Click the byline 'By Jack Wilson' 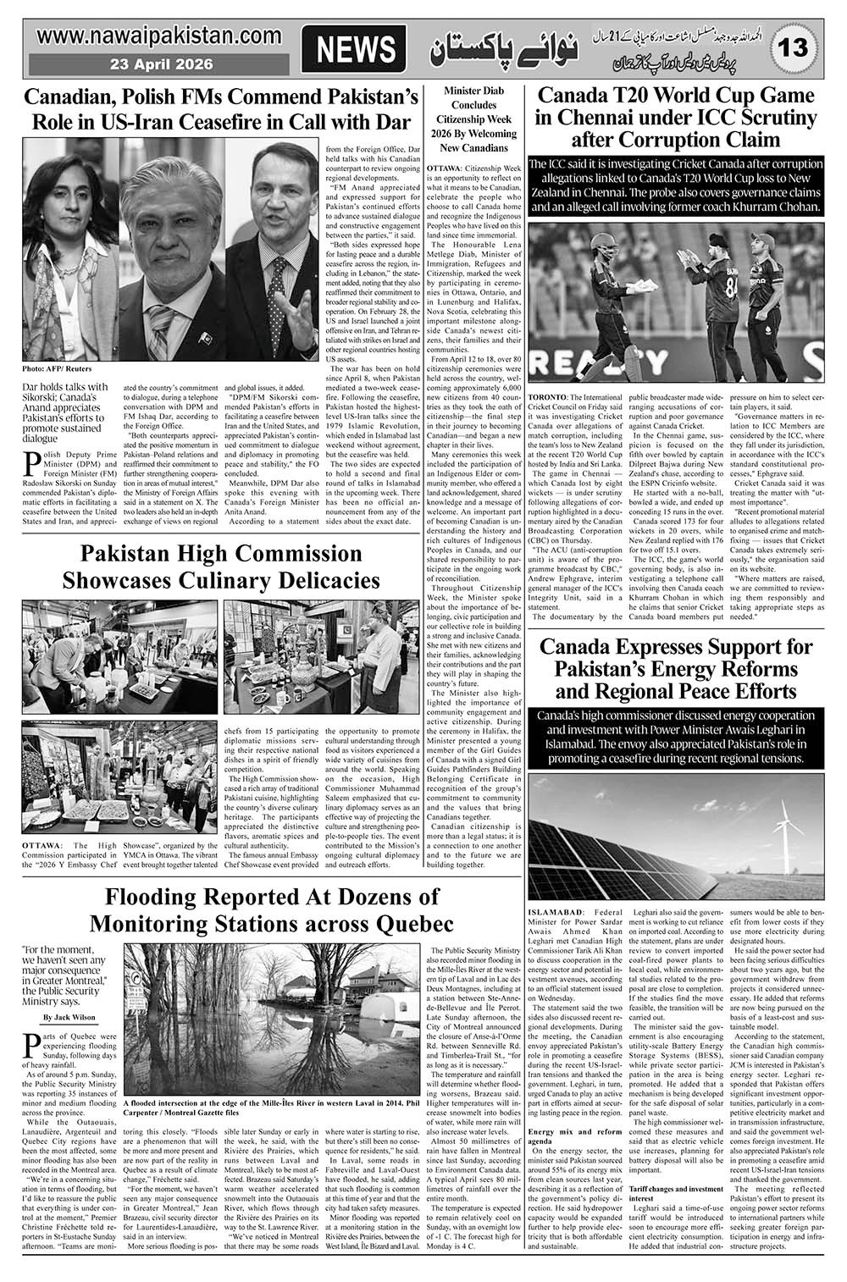click(70, 1017)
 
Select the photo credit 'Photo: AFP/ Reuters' click(58, 369)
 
